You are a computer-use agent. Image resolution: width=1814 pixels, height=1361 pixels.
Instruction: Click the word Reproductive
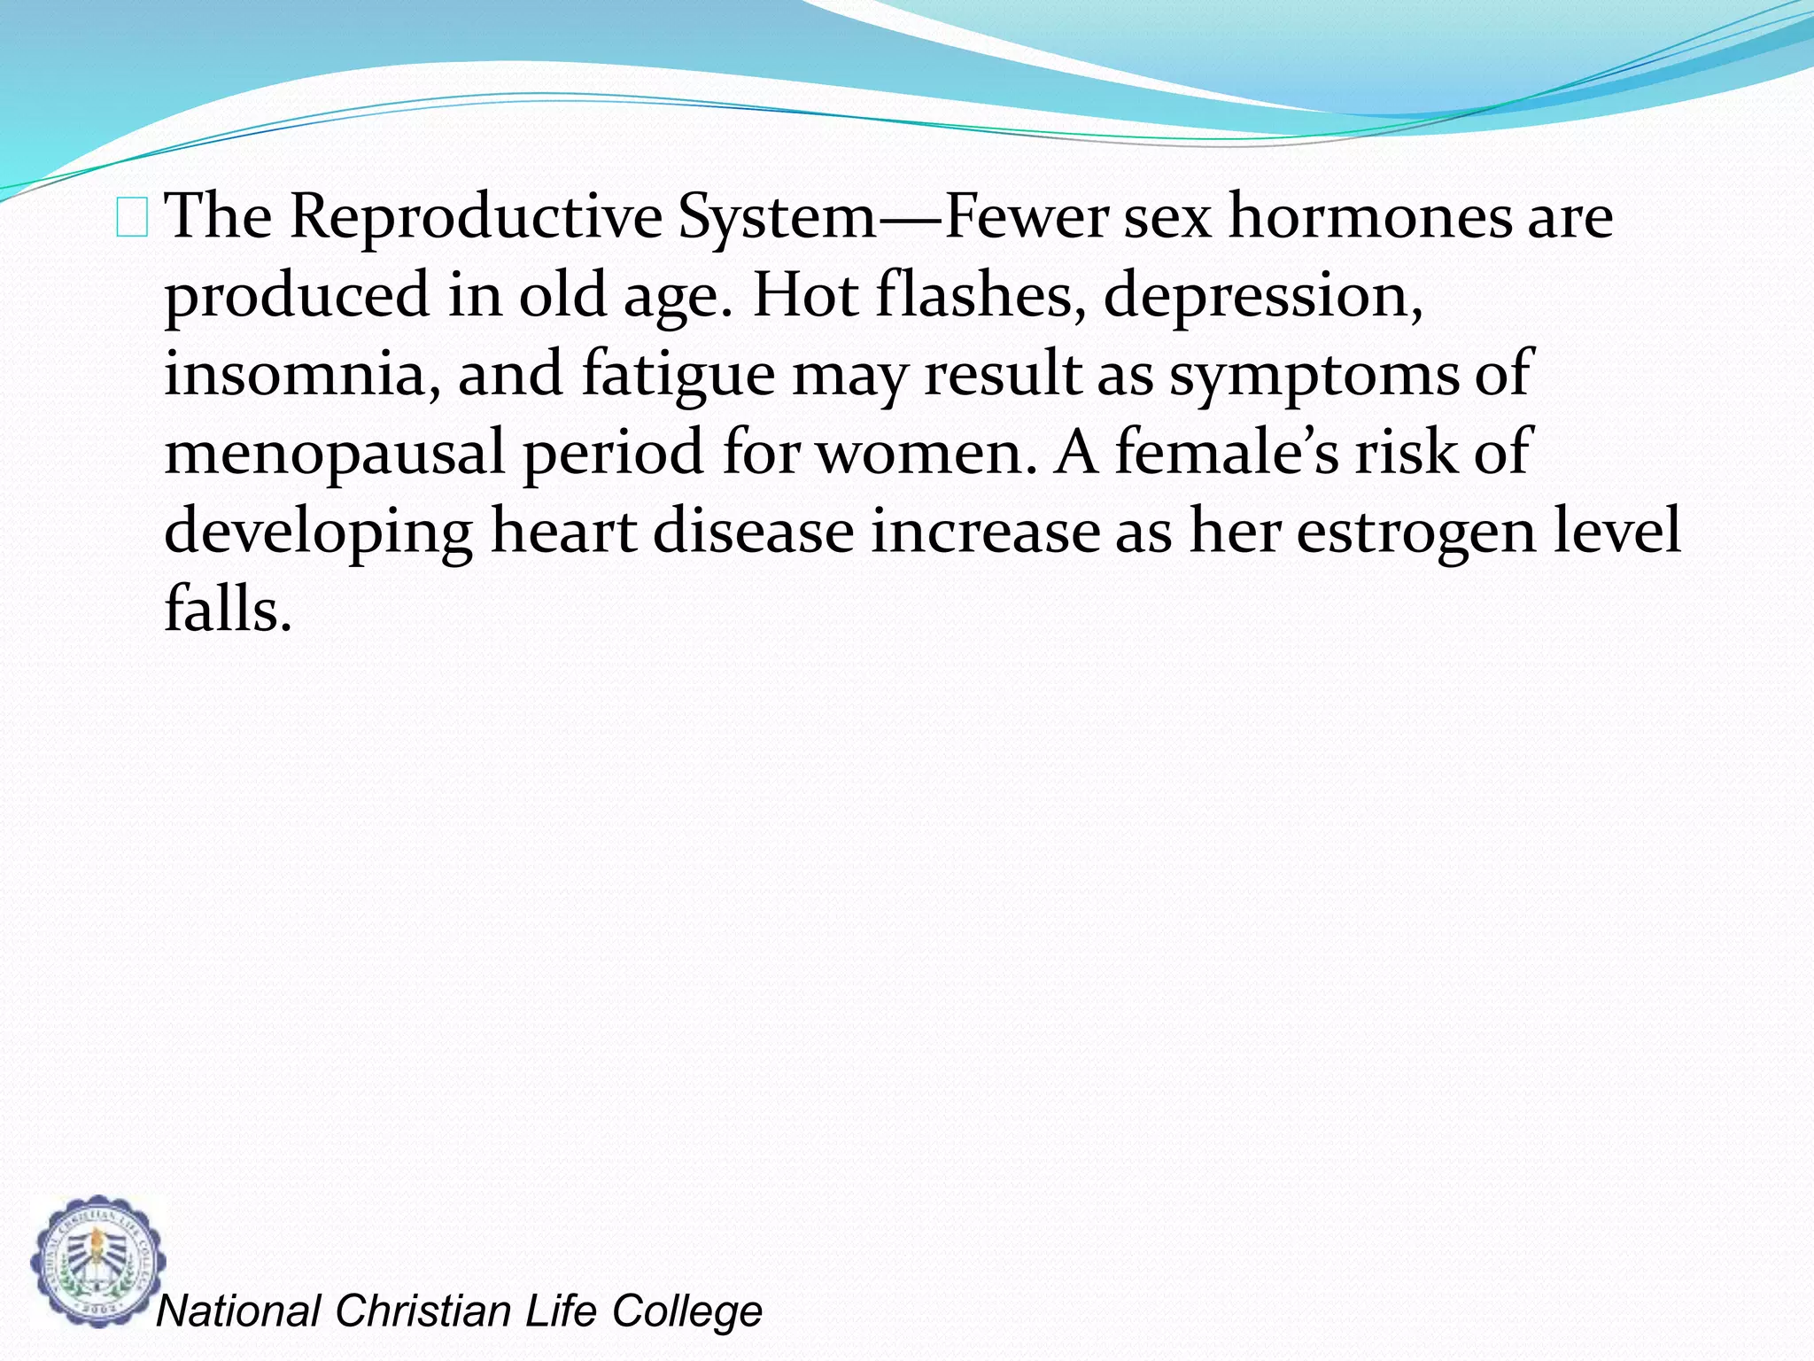pos(476,217)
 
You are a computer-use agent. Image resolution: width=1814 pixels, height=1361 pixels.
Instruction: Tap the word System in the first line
pos(777,217)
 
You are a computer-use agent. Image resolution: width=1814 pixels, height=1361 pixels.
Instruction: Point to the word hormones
pos(1369,217)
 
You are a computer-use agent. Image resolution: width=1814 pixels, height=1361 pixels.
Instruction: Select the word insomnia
pos(302,374)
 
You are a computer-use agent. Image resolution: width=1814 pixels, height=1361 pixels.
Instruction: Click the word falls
pos(228,610)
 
